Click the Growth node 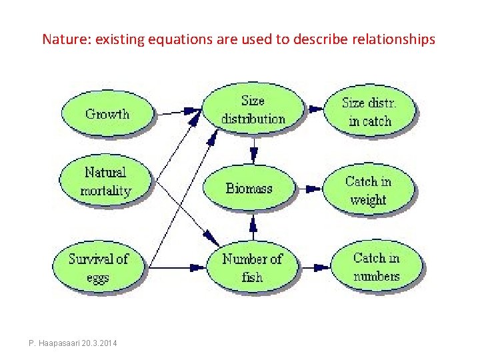[x=107, y=113]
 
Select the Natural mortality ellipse [x=106, y=181]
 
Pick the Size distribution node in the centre [x=253, y=110]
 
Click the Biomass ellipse [x=249, y=188]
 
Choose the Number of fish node [x=252, y=267]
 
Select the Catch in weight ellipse [x=368, y=190]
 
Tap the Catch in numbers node [x=377, y=267]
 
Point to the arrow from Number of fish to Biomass [x=253, y=230]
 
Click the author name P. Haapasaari [x=55, y=343]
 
